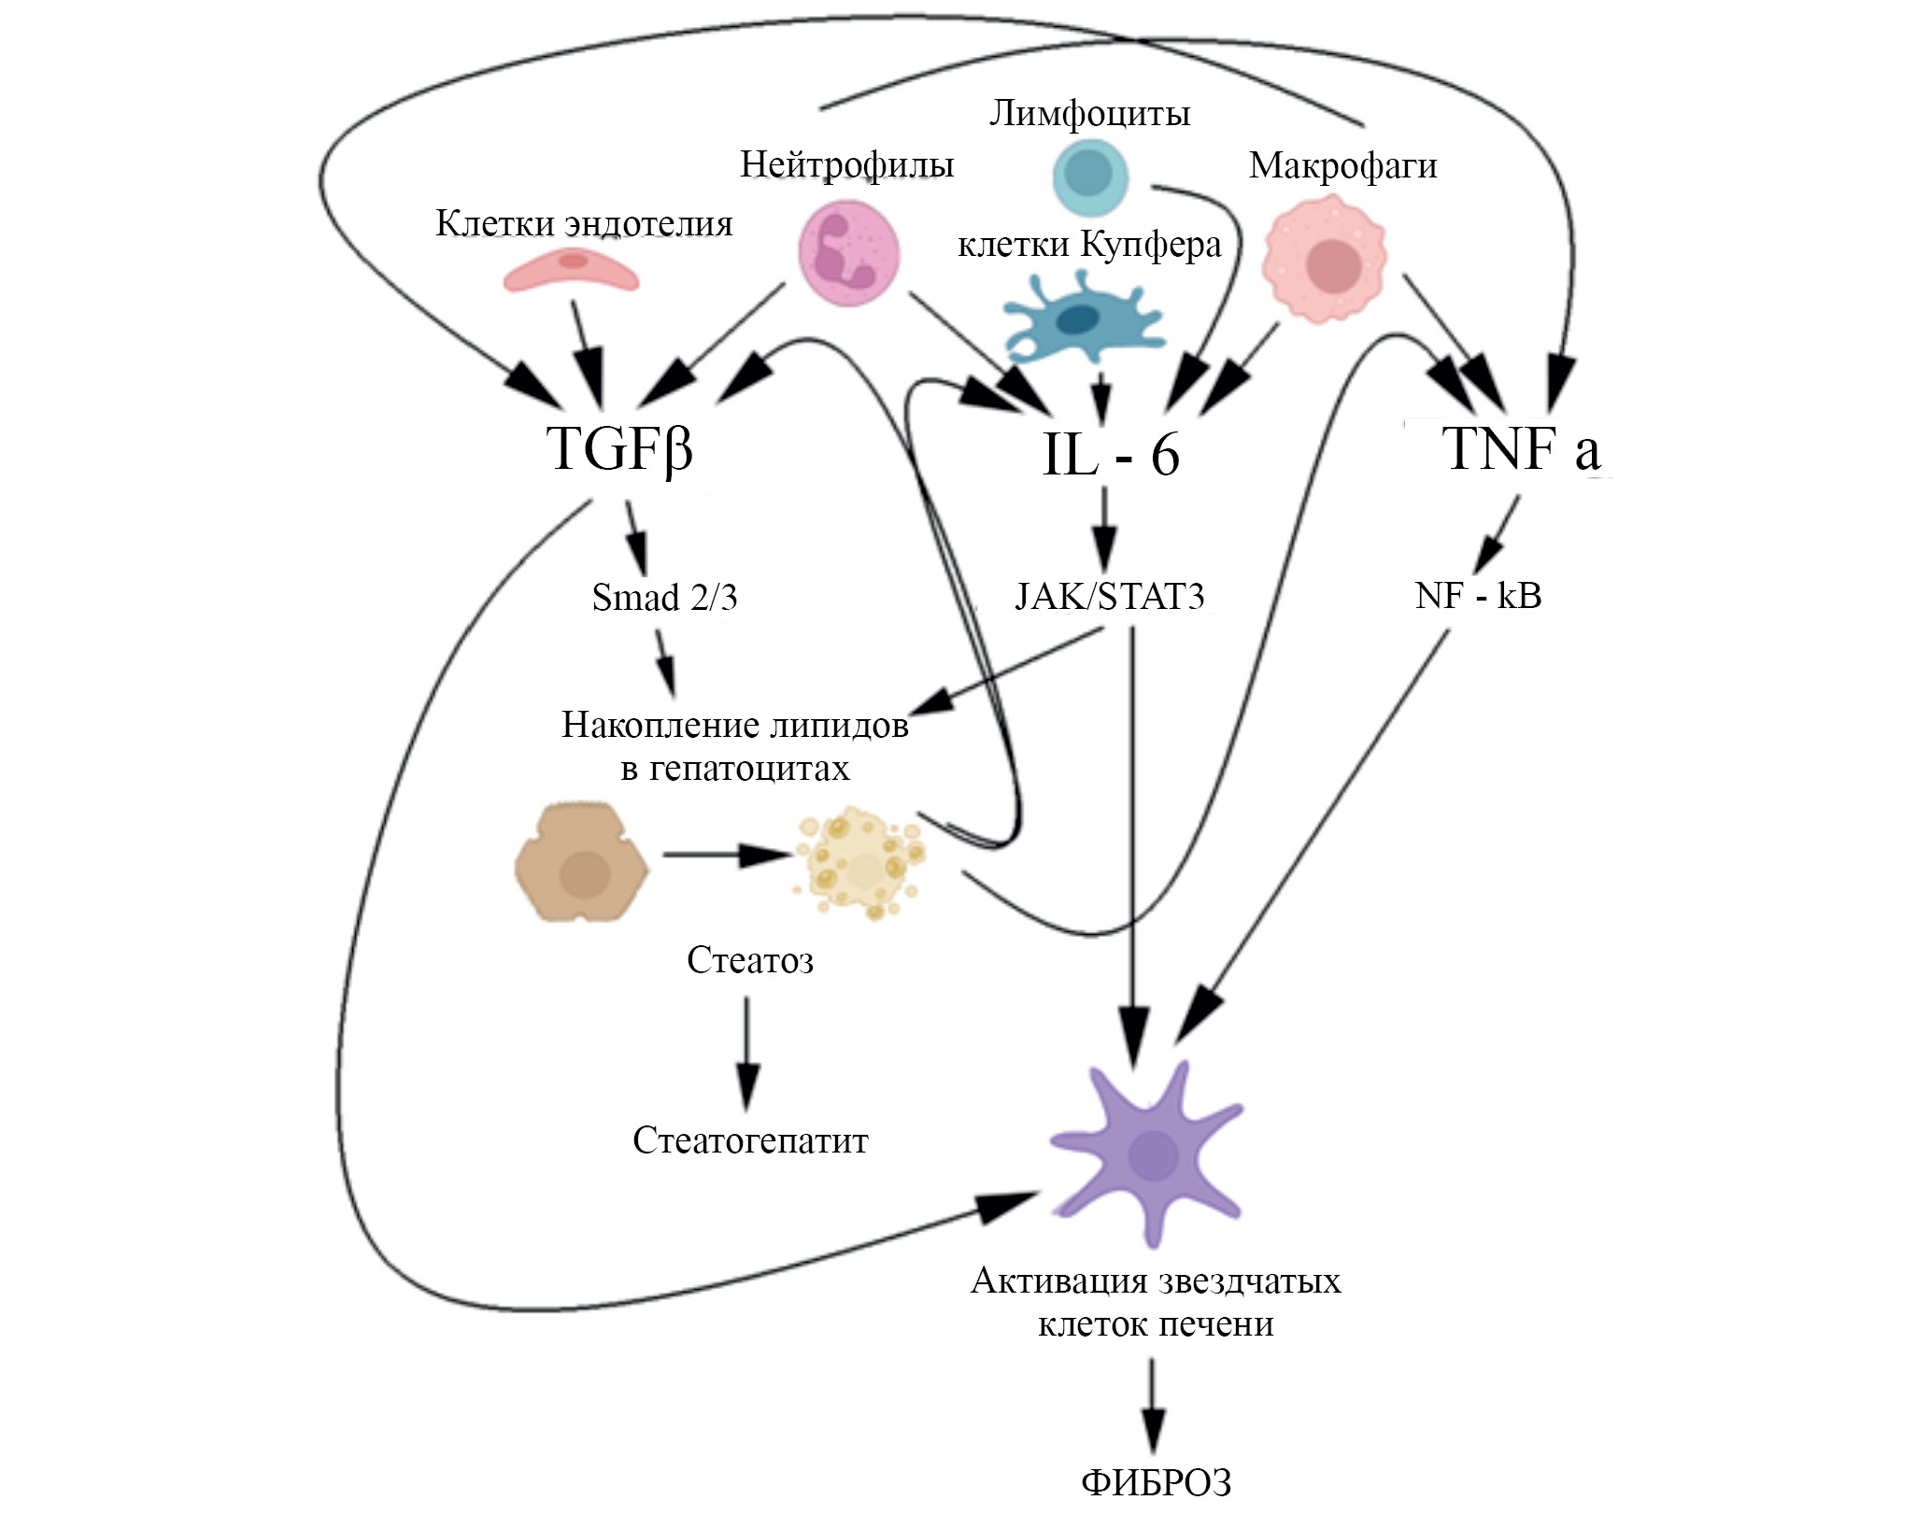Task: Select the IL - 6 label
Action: click(1110, 455)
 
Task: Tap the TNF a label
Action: click(1521, 449)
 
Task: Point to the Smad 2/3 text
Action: click(664, 598)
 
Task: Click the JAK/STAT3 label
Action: click(1110, 596)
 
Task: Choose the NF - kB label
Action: click(1478, 596)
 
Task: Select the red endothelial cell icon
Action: click(571, 270)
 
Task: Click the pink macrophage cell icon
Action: click(1325, 264)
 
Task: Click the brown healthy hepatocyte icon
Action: click(582, 862)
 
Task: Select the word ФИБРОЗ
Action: click(1156, 1483)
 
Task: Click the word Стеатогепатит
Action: click(750, 1141)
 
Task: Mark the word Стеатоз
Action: click(750, 961)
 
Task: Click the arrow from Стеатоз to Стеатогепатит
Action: click(746, 1051)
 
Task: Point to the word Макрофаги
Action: click(1342, 166)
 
